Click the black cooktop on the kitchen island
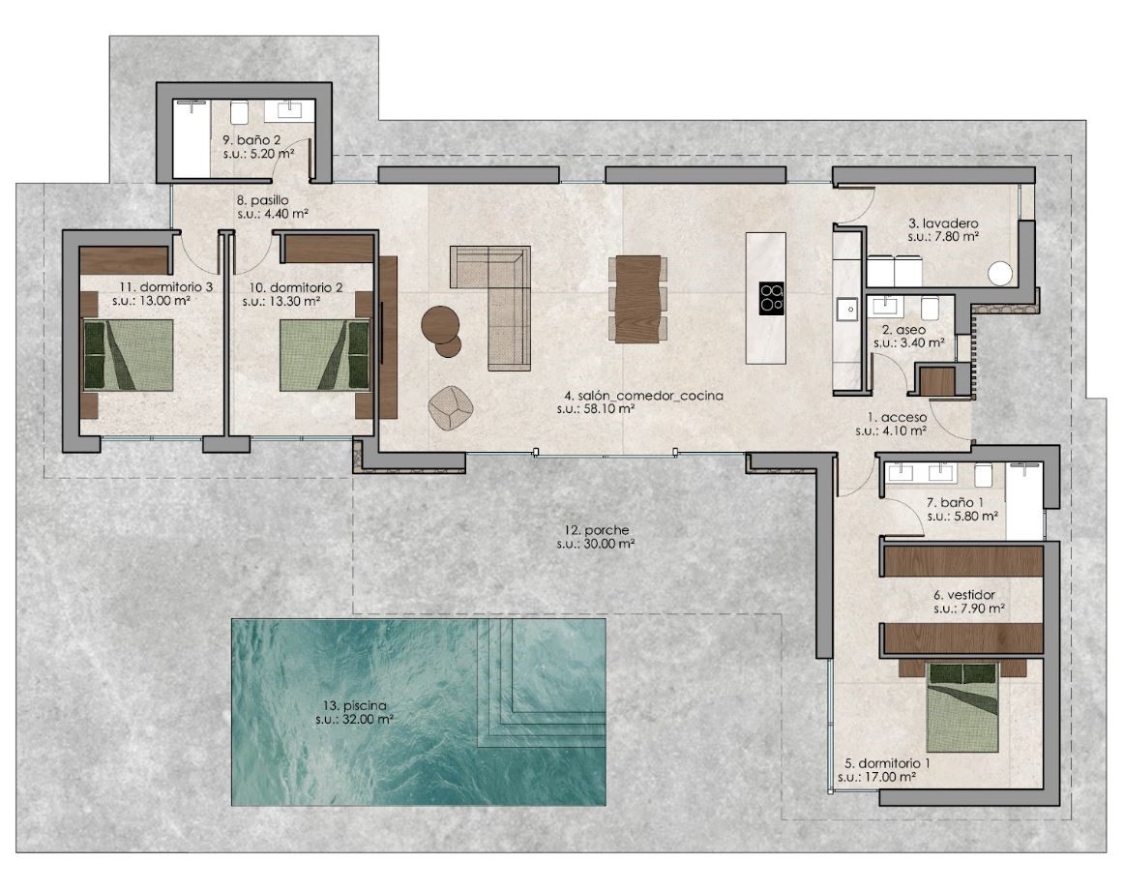coord(771,298)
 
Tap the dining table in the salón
coord(637,299)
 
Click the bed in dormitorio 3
coord(129,355)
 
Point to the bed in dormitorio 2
coord(325,355)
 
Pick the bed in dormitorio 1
coord(962,707)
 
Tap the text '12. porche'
coord(597,530)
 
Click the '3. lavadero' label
coord(943,223)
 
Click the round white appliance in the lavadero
coord(1000,274)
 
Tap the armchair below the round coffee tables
coord(451,408)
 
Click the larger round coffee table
coord(441,325)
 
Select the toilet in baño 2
coord(240,112)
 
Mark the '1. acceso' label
coord(897,417)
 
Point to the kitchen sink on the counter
coord(846,309)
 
